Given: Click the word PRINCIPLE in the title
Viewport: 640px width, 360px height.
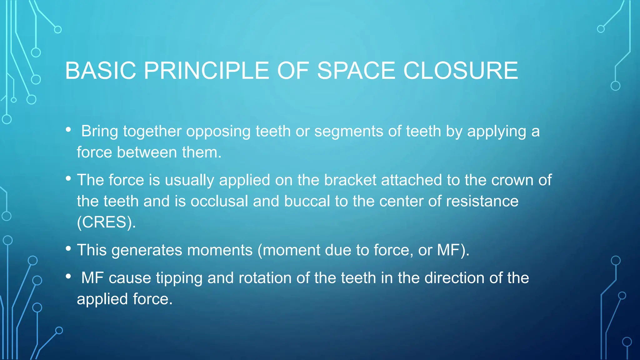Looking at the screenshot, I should (206, 71).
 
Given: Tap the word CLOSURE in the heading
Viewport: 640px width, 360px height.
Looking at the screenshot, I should (461, 71).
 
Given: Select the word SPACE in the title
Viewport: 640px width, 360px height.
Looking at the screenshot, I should (356, 71).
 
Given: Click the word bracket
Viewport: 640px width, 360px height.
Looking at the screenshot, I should (350, 180).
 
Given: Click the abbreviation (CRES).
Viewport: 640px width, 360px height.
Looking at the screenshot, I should (106, 222).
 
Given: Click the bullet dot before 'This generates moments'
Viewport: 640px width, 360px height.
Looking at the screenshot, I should (68, 249).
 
